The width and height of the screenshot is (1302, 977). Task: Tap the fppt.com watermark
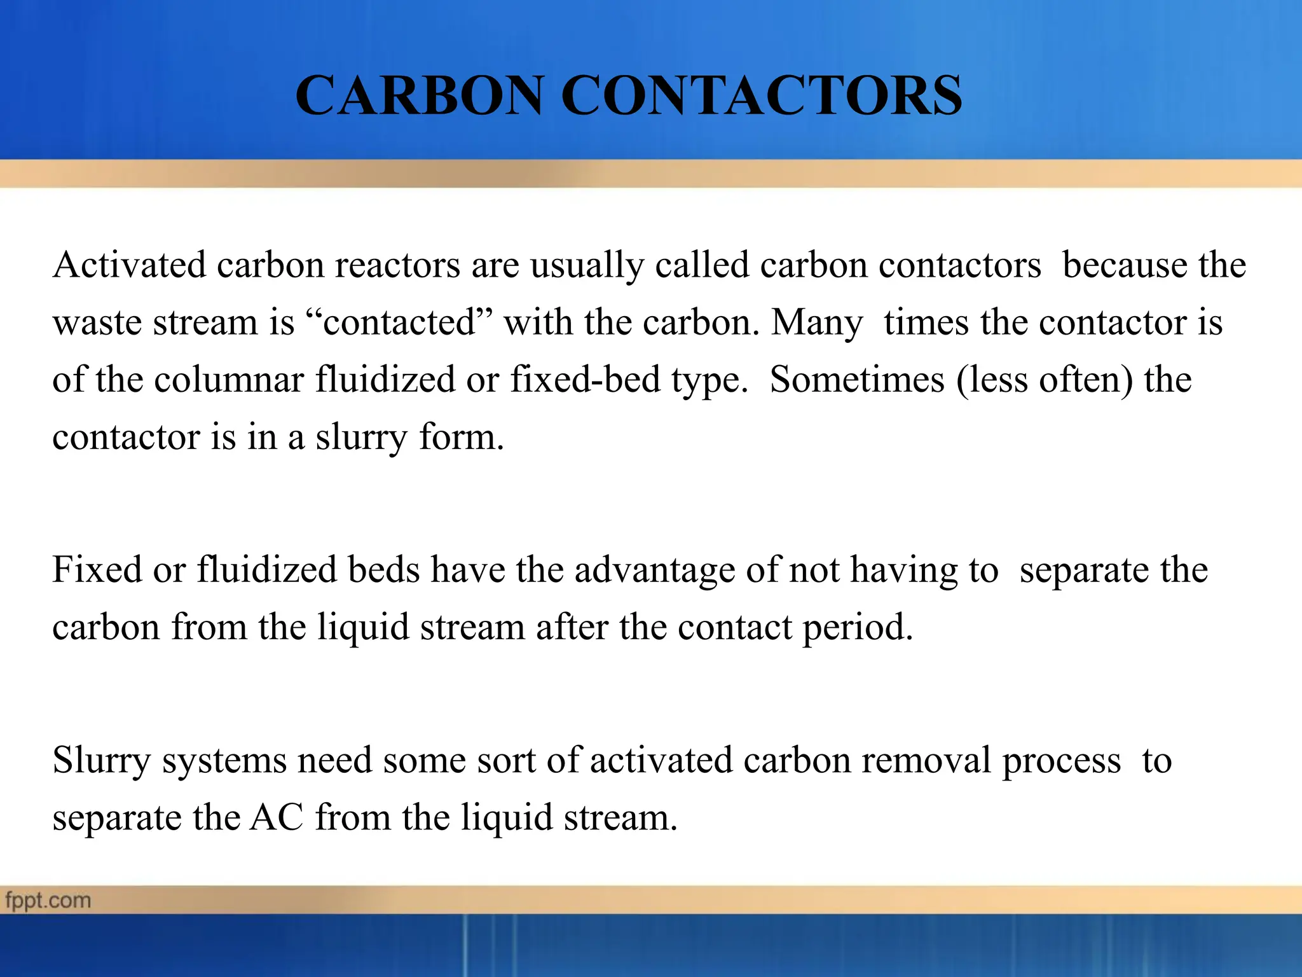48,901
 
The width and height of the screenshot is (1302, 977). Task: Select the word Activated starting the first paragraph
129,265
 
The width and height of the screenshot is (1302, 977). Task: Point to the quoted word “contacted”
400,322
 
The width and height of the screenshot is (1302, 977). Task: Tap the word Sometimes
857,380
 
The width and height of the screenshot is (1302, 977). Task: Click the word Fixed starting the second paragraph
97,569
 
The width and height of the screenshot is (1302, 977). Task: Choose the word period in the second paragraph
858,628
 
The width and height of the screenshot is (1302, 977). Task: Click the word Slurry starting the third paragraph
102,761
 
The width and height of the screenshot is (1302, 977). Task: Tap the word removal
926,760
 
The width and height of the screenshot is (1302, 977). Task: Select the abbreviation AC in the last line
277,817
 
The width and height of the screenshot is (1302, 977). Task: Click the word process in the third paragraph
1062,761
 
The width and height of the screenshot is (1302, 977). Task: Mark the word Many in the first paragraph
817,323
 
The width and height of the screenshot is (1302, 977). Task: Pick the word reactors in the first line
397,265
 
